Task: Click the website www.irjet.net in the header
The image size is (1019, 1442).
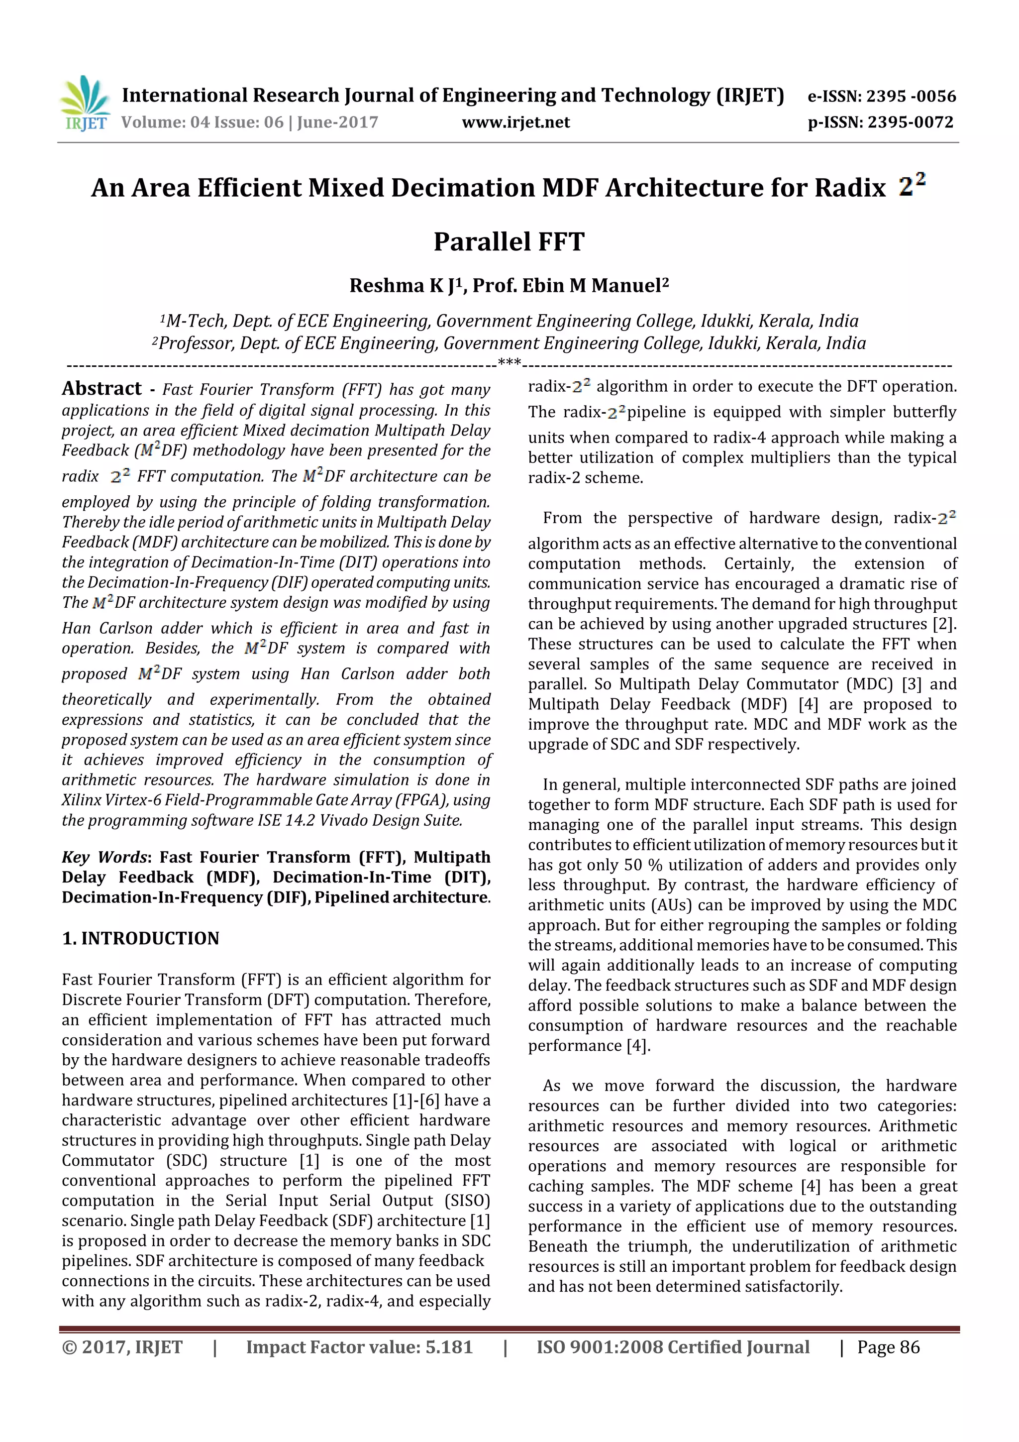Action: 515,122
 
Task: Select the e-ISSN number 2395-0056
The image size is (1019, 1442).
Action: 911,96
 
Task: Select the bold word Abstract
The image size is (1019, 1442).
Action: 102,389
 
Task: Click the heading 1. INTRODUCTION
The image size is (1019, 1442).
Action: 141,938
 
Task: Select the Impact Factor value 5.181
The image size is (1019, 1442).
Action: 448,1347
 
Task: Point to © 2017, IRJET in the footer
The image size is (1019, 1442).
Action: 122,1347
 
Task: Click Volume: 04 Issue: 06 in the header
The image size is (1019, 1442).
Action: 202,122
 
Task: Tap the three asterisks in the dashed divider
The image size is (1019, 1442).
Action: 509,362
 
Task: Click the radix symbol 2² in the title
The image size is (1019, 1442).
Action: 911,185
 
